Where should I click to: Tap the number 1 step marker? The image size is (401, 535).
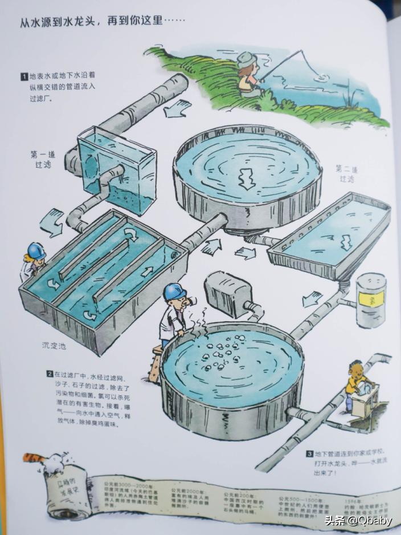(x=24, y=76)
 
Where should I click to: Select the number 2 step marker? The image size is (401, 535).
(x=50, y=374)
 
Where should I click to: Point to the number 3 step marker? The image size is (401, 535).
(x=309, y=454)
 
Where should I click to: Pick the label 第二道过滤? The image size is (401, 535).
(x=346, y=174)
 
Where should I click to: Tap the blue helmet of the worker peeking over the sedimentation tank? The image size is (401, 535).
(x=35, y=250)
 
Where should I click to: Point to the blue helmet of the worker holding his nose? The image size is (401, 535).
(x=175, y=292)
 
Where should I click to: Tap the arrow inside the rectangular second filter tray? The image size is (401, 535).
(x=343, y=242)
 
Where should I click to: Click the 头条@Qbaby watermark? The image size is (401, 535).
(x=359, y=520)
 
